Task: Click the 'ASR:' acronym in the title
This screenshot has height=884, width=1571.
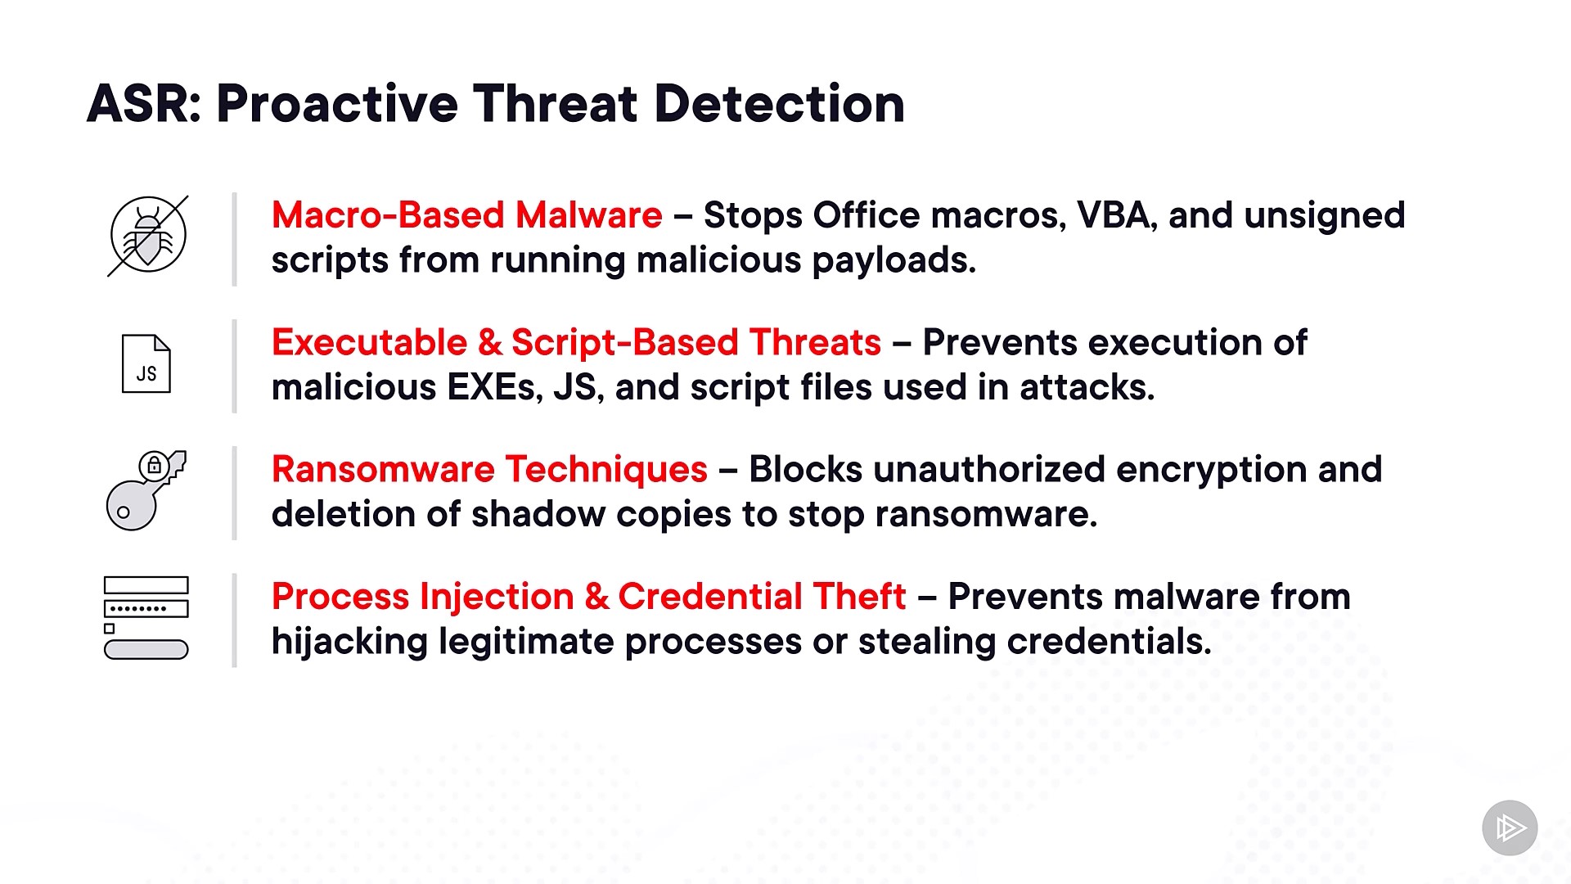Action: (x=144, y=104)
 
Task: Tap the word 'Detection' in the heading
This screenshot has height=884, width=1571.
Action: (x=779, y=104)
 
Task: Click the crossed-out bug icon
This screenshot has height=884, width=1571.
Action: (x=148, y=236)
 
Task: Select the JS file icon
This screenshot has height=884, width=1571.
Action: (x=146, y=364)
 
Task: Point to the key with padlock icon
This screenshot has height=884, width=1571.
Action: (x=146, y=490)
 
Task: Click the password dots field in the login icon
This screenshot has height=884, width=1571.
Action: (x=146, y=608)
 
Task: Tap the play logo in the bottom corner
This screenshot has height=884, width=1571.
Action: (x=1510, y=828)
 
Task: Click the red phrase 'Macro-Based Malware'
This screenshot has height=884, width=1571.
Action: (x=466, y=215)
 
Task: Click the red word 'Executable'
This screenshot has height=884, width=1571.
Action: (x=369, y=342)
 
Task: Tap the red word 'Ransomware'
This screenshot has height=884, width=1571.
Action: (x=383, y=470)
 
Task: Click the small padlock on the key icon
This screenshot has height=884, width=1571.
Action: (x=154, y=465)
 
